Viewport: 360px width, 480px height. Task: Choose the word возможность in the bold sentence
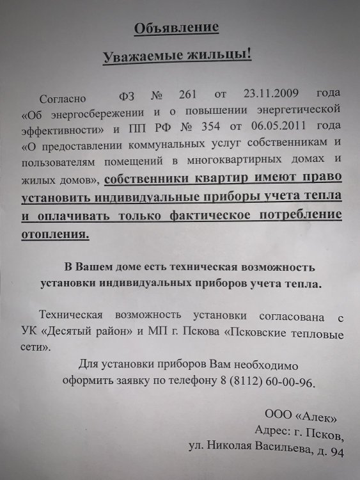[280, 266]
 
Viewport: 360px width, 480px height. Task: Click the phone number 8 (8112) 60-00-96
[256, 382]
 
